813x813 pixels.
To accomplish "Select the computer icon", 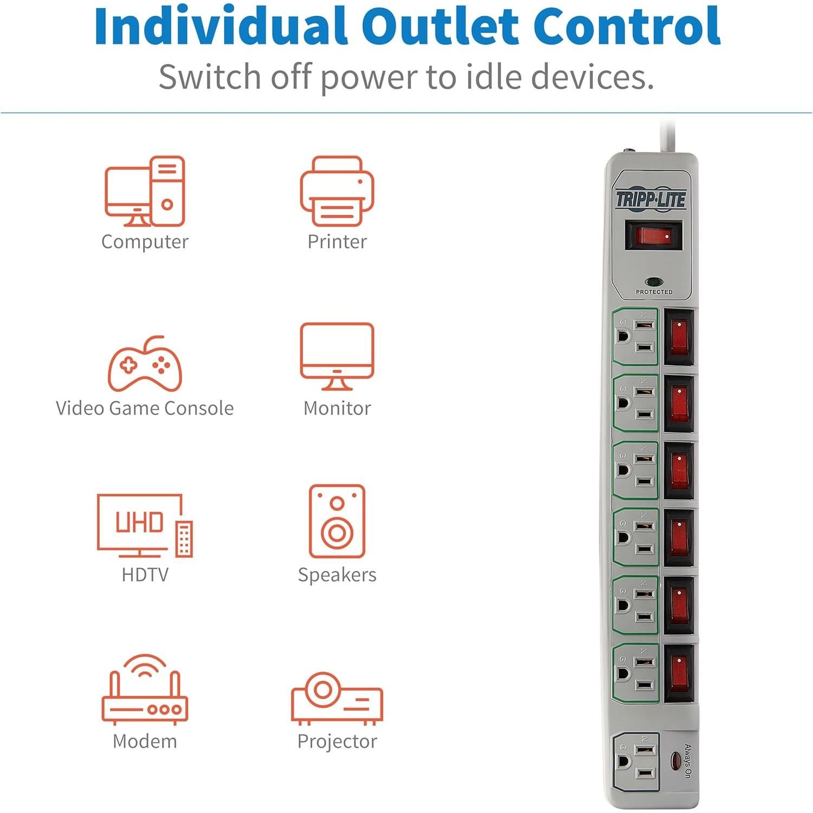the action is [x=145, y=191].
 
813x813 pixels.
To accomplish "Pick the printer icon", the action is [x=337, y=191].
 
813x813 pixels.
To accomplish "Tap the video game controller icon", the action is [x=145, y=364].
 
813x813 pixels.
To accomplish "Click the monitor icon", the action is [x=337, y=357].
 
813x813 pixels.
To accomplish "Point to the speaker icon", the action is [x=337, y=521].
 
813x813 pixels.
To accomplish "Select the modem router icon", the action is [x=145, y=689].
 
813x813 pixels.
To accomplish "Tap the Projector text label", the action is [x=337, y=741].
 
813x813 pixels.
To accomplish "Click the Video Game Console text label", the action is [x=145, y=408].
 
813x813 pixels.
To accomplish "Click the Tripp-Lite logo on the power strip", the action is [x=651, y=199].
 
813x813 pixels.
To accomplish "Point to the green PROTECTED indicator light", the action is [x=654, y=282].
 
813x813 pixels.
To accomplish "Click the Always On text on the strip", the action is [x=687, y=761].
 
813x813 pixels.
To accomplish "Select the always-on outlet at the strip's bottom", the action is [x=636, y=762].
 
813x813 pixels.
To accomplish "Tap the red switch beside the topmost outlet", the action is [x=679, y=337].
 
